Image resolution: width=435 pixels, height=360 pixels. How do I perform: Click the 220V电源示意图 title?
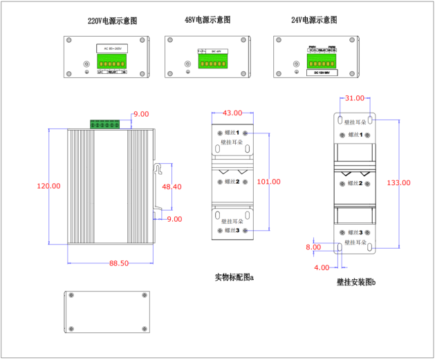tap(113, 21)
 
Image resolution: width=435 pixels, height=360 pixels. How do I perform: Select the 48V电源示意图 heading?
tap(207, 21)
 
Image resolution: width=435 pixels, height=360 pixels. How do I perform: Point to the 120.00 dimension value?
tap(48, 186)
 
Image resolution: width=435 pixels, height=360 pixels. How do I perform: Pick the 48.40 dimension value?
tap(172, 187)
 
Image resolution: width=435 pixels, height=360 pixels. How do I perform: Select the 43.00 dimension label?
tap(232, 113)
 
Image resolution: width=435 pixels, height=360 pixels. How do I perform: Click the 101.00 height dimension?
tap(268, 182)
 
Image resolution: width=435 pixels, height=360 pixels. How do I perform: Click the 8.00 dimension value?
tap(313, 247)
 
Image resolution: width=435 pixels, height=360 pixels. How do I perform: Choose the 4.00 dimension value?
tap(322, 267)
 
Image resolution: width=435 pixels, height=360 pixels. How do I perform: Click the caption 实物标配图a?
tap(234, 278)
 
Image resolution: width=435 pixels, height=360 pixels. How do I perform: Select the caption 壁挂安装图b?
tap(356, 282)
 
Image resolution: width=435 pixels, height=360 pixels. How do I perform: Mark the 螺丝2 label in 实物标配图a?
tap(232, 182)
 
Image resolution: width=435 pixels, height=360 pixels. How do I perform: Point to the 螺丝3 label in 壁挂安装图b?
tap(355, 233)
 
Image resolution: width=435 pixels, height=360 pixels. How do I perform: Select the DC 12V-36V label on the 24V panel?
tap(322, 71)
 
